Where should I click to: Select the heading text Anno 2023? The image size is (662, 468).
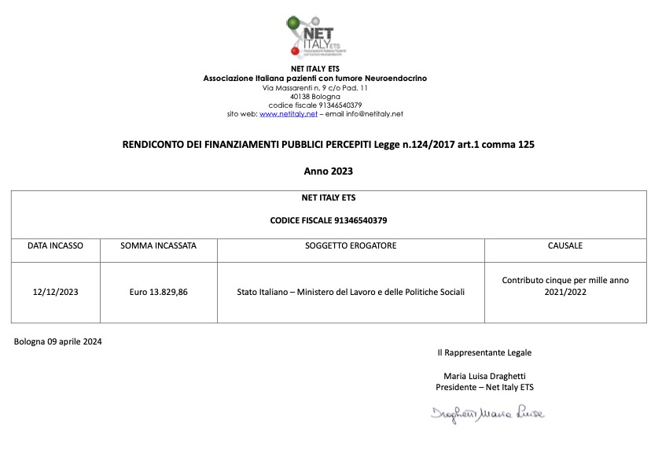pyautogui.click(x=328, y=171)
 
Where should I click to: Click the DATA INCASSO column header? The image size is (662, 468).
pyautogui.click(x=55, y=246)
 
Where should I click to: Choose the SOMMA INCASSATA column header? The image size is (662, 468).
pyautogui.click(x=158, y=246)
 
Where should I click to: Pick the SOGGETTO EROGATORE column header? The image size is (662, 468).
pyautogui.click(x=351, y=246)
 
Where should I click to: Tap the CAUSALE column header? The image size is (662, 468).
pyautogui.click(x=565, y=246)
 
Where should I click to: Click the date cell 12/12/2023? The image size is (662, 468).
pyautogui.click(x=55, y=292)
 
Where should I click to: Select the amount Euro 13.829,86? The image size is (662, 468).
pyautogui.click(x=158, y=292)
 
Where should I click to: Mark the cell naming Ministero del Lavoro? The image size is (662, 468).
pyautogui.click(x=351, y=292)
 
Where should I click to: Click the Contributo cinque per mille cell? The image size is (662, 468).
pyautogui.click(x=565, y=286)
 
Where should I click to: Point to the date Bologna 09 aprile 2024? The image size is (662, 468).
pyautogui.click(x=57, y=341)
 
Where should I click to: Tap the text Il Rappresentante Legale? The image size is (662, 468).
pyautogui.click(x=484, y=352)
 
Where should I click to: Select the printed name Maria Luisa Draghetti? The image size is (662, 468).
pyautogui.click(x=484, y=376)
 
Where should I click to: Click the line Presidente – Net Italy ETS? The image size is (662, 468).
pyautogui.click(x=484, y=387)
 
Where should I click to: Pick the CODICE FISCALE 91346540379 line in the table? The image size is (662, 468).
pyautogui.click(x=328, y=220)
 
